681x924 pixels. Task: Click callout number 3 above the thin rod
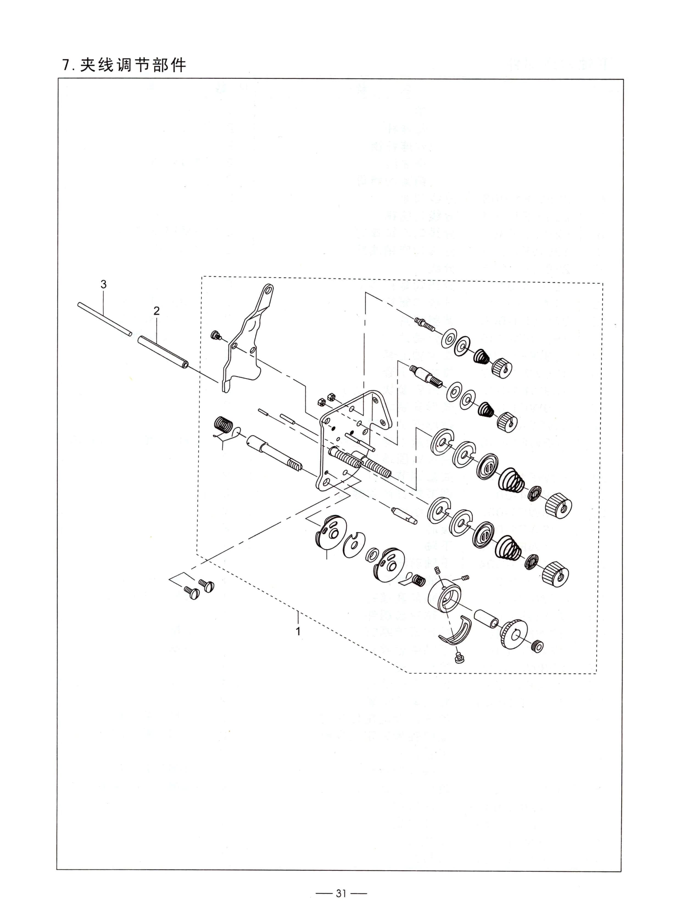click(104, 284)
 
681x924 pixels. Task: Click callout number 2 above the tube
click(156, 311)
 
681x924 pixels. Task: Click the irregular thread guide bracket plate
click(246, 338)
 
